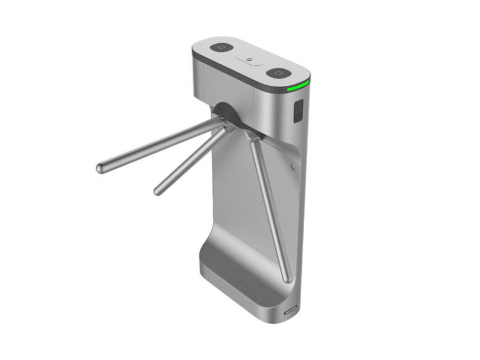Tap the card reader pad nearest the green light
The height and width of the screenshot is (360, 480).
coord(278,73)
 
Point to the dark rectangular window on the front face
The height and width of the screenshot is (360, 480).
coord(297,112)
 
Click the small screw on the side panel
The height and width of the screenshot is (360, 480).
coord(293,168)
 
